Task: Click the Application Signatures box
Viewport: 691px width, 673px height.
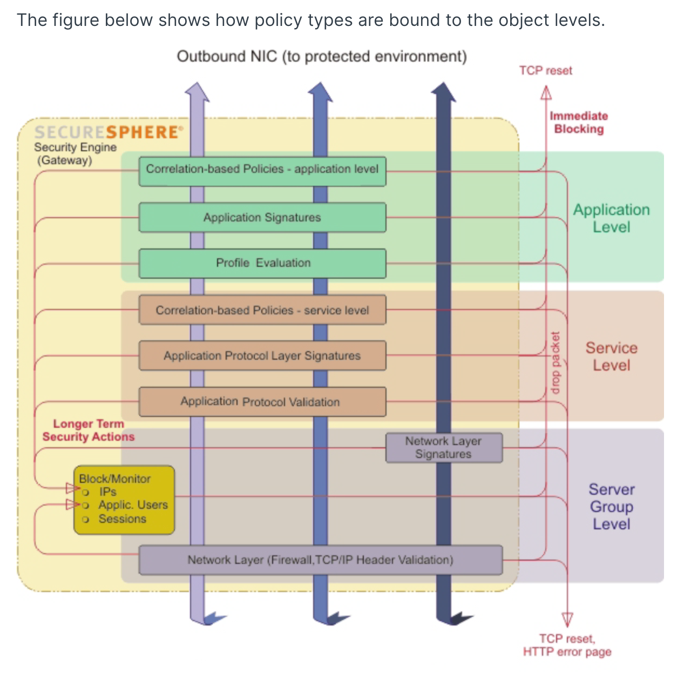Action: coord(262,218)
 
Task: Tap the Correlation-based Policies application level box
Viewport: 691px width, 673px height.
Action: coord(262,170)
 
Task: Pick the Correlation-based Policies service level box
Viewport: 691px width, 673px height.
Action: coord(262,310)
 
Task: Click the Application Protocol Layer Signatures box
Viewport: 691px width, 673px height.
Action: coord(262,356)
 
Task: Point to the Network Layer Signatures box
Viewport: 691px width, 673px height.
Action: coord(444,448)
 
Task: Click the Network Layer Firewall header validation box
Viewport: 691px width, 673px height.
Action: coord(321,560)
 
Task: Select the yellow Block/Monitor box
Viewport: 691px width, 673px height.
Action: coord(124,500)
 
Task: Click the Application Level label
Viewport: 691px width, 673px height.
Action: coord(611,218)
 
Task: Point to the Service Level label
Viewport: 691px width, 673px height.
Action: coord(611,356)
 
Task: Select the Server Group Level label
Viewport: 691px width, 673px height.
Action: coord(611,507)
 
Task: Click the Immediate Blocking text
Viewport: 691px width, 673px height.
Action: coord(579,123)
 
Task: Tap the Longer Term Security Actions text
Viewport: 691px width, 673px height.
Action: coord(89,430)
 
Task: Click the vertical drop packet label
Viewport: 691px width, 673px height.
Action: coord(555,362)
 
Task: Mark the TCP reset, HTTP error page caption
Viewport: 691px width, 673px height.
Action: coord(567,645)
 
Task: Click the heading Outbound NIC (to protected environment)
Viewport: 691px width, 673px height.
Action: coord(322,57)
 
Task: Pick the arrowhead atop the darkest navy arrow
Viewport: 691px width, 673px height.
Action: coord(443,92)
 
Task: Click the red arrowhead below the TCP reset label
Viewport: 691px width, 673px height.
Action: coord(546,93)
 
